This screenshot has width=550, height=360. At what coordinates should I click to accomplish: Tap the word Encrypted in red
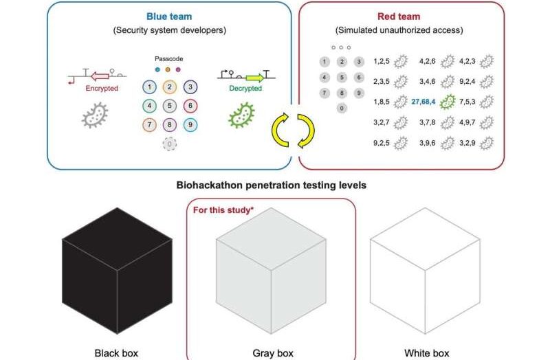[x=101, y=89]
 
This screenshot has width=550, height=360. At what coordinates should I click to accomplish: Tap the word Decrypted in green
[x=245, y=89]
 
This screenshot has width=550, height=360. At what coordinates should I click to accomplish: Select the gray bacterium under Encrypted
[x=94, y=115]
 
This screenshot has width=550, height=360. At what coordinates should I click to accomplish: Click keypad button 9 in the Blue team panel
[x=191, y=125]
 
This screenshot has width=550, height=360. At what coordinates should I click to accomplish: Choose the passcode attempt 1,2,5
[x=382, y=61]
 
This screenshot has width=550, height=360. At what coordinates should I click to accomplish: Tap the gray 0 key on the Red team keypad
[x=342, y=108]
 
